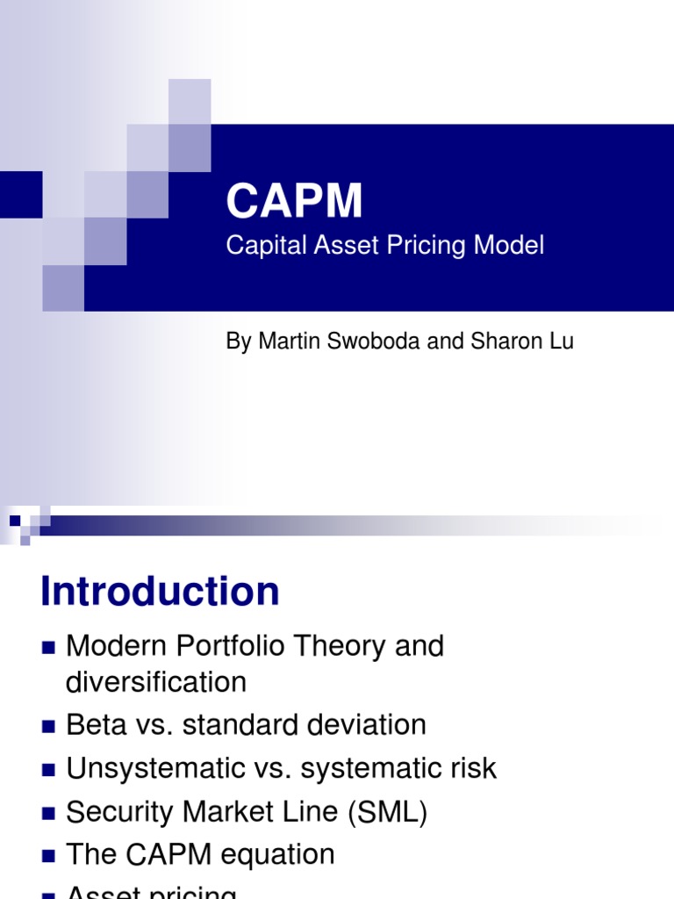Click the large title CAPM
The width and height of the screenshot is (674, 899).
click(x=294, y=201)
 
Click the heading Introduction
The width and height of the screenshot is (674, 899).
click(x=160, y=592)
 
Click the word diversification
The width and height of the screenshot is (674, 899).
click(x=156, y=682)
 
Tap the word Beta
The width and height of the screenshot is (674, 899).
click(x=93, y=725)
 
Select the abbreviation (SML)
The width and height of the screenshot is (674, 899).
click(x=387, y=812)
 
